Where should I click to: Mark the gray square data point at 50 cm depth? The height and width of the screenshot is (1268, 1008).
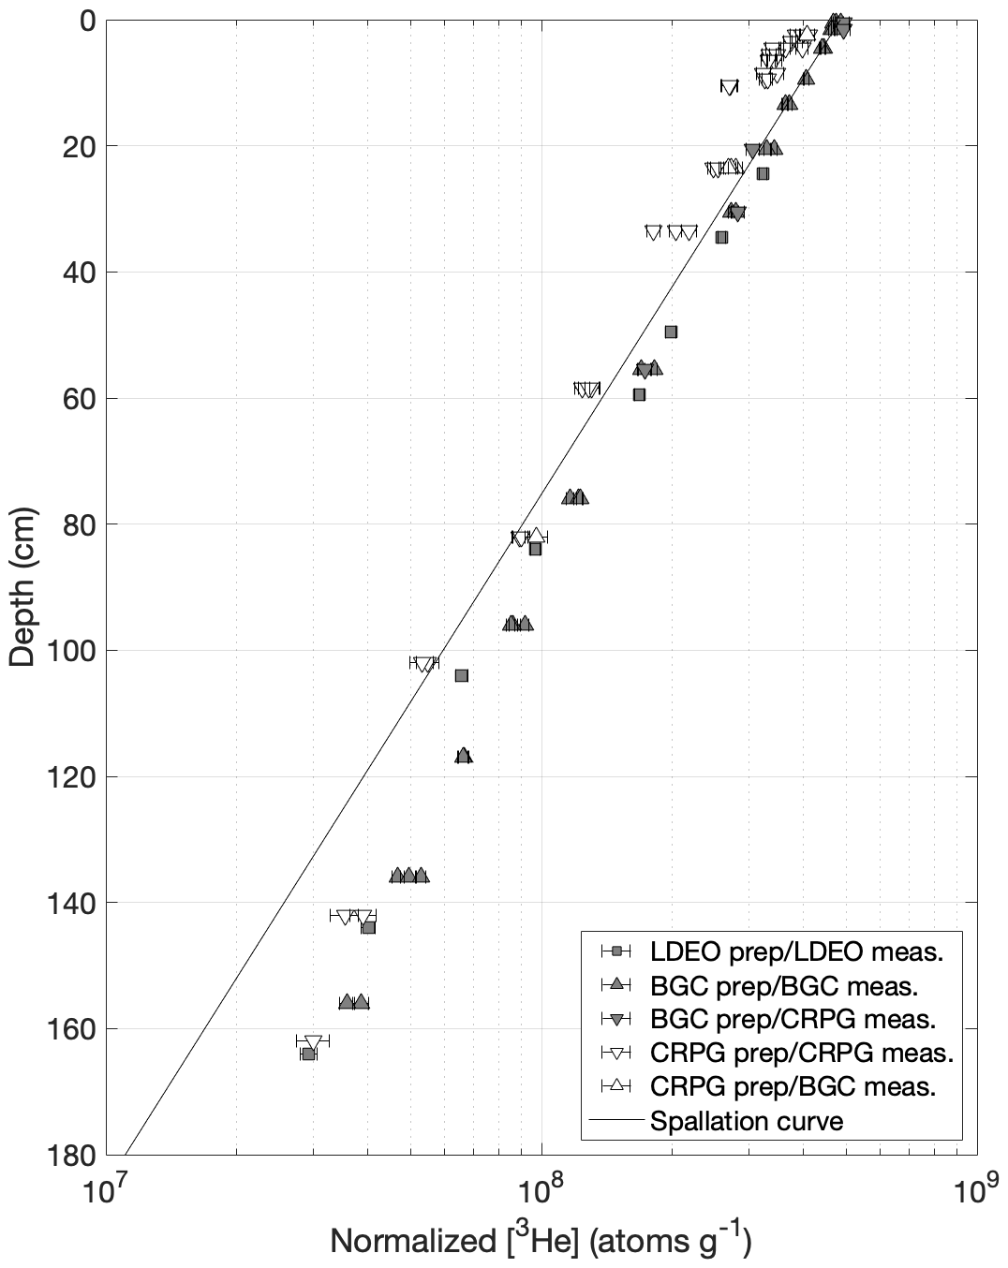(671, 332)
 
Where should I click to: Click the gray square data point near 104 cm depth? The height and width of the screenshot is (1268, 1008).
(461, 675)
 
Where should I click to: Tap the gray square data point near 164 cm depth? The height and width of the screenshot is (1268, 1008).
(308, 1054)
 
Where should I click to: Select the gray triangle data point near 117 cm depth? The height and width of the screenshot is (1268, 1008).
(464, 756)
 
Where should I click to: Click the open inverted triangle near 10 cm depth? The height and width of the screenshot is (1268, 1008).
(729, 87)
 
